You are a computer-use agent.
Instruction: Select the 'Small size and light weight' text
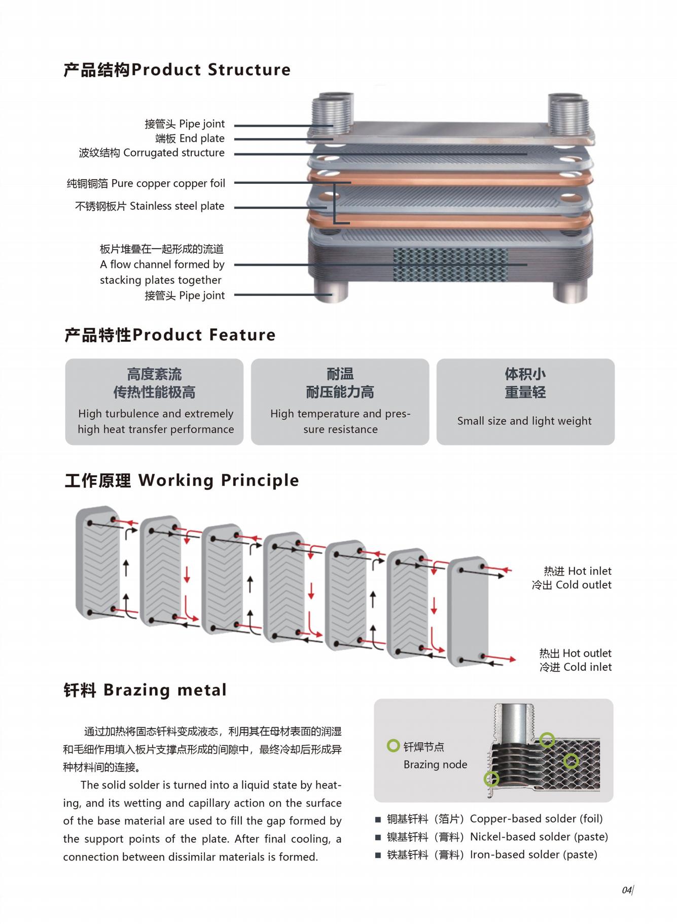524,421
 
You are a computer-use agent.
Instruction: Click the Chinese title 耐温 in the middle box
340,374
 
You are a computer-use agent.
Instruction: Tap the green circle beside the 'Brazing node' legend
393,745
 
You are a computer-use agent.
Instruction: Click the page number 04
627,890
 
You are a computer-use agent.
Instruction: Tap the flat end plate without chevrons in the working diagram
467,612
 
